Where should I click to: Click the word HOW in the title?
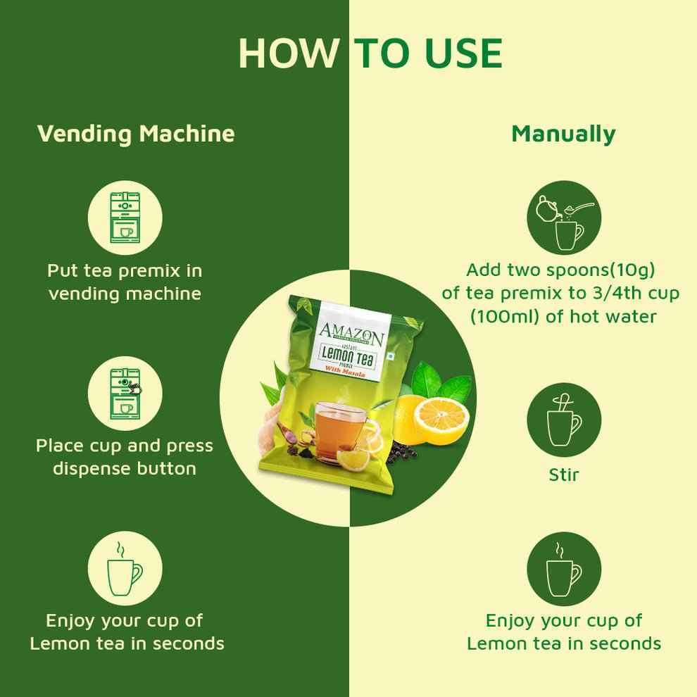tap(285, 52)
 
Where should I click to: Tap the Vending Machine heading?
tap(136, 133)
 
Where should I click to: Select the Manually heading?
tap(563, 133)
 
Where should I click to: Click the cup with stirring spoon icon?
tap(564, 420)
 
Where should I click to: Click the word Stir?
tap(564, 475)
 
